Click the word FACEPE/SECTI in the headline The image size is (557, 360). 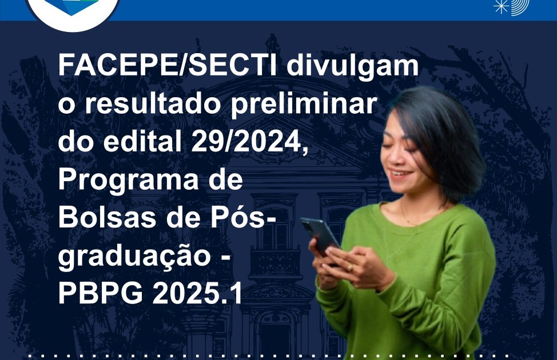click(168, 66)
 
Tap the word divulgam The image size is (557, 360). click(353, 67)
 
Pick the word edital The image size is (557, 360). click(142, 142)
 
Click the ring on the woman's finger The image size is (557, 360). click(350, 267)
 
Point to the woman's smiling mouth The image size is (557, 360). click(401, 174)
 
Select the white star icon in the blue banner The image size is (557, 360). click(501, 6)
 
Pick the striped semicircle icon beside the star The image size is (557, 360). click(520, 7)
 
